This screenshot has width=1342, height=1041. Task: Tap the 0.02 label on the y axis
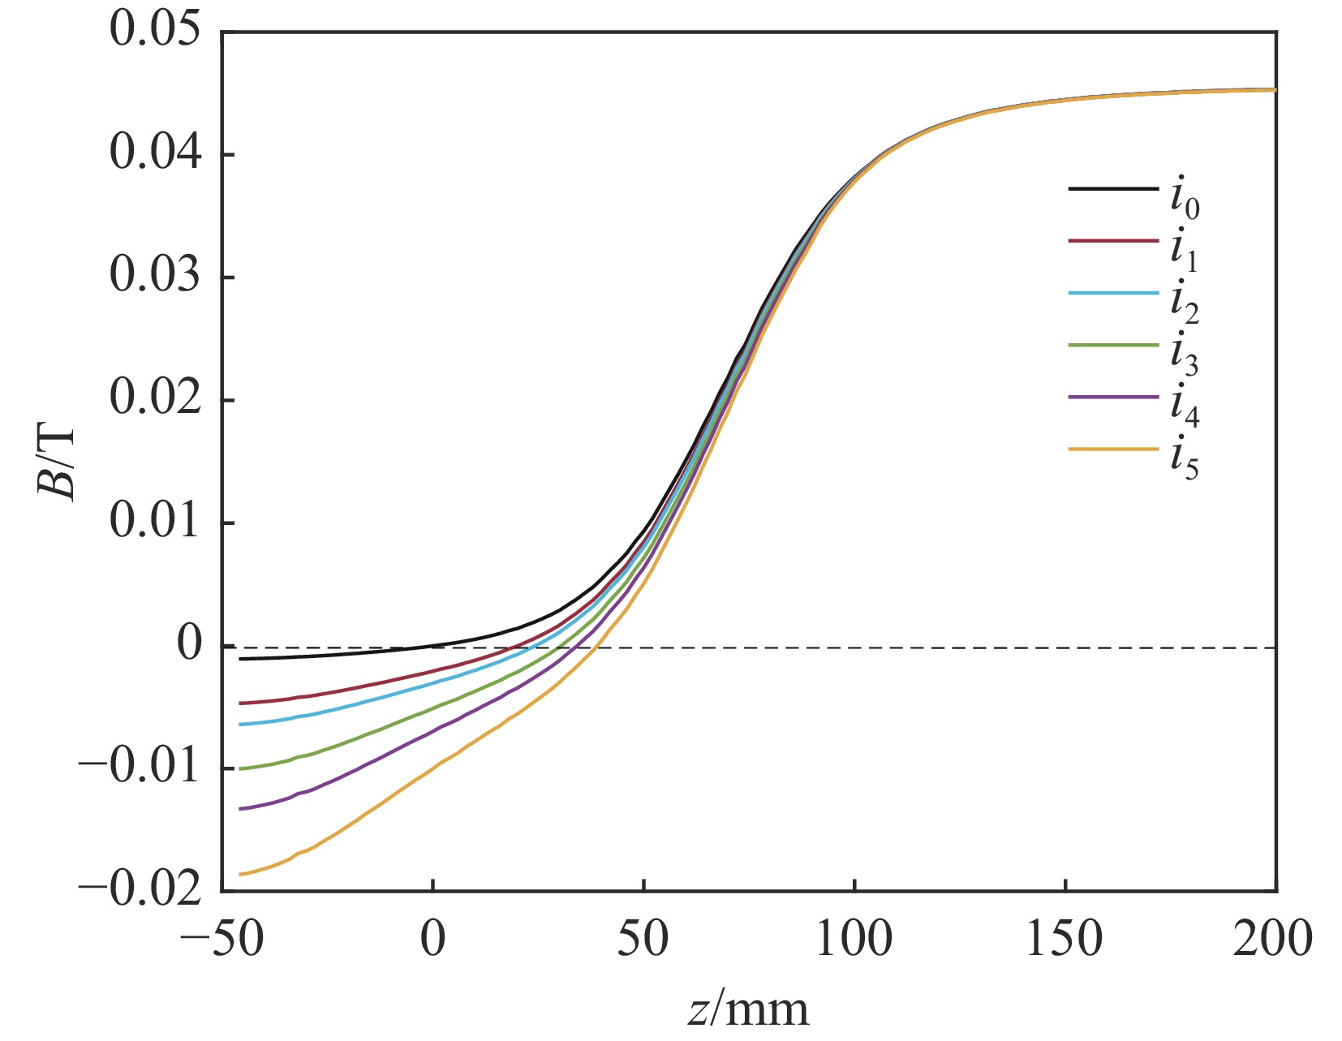(154, 398)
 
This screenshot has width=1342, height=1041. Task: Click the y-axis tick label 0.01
(154, 521)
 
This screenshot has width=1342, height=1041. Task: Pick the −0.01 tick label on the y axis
(140, 767)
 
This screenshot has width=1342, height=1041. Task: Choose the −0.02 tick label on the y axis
(140, 889)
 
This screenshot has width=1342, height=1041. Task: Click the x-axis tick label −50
(222, 939)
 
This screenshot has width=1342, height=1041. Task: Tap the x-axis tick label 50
(643, 939)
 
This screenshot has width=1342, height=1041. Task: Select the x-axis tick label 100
(854, 939)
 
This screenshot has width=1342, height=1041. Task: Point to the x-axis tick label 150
(1065, 939)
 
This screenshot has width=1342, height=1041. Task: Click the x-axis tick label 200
(1272, 939)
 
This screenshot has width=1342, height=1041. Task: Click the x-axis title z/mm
(748, 1011)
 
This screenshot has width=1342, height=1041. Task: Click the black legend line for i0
(1113, 189)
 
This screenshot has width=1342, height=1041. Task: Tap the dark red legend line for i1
(1113, 241)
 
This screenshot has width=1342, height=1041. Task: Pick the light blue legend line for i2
(1113, 293)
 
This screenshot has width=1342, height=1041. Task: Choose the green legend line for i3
(1113, 345)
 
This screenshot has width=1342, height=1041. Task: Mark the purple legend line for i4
(1113, 397)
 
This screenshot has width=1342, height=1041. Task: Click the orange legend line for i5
(1113, 449)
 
